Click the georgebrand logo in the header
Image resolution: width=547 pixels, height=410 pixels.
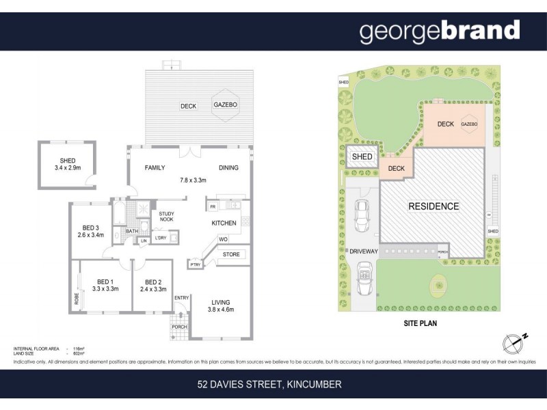point(439,31)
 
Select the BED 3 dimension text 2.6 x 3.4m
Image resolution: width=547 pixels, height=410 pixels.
point(90,235)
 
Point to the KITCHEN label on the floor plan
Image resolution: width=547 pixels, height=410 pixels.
point(224,223)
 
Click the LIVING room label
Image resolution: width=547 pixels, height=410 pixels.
point(220,302)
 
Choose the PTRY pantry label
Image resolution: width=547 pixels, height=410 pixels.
point(196,264)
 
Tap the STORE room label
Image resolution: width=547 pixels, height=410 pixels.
point(230,255)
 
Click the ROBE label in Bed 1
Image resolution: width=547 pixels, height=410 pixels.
point(77,298)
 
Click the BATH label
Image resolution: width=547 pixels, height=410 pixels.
point(131,232)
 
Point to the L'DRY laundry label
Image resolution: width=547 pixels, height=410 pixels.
point(161,238)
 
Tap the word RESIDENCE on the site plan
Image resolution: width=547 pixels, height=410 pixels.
point(433,206)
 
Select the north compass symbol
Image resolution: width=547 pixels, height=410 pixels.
point(511,342)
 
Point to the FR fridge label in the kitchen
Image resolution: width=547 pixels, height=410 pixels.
point(213,206)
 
